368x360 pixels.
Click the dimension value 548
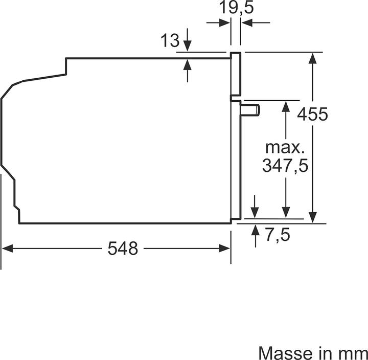coord(123,249)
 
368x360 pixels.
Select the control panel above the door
coord(236,74)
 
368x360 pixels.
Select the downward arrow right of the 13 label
coord(188,46)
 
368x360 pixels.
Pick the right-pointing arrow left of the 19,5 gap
coord(223,22)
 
